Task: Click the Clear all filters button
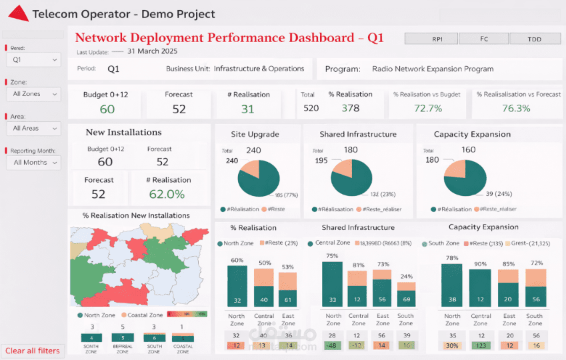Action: [33, 351]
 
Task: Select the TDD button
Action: [535, 39]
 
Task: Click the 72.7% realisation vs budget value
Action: [427, 108]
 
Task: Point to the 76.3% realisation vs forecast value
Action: [516, 108]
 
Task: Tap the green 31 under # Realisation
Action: [247, 109]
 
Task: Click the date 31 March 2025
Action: [152, 51]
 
